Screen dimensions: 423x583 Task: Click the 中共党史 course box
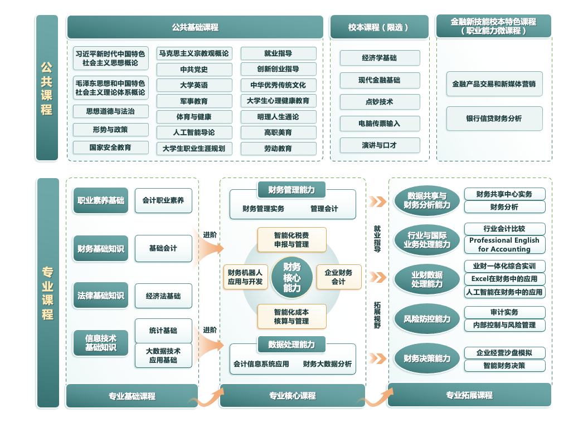coord(194,70)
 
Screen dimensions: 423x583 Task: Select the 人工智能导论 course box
coord(194,132)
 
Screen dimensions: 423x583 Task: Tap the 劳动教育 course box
coord(278,149)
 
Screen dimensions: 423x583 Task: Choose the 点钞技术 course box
coord(380,102)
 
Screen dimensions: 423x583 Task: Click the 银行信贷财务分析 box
coord(494,119)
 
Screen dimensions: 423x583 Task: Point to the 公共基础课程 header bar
coord(195,27)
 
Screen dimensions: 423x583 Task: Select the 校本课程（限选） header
coord(379,27)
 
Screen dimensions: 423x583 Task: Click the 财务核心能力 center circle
coord(291,277)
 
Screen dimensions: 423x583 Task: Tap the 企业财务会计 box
coord(338,277)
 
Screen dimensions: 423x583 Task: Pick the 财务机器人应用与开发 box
coord(245,277)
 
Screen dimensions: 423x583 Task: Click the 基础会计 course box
coord(163,248)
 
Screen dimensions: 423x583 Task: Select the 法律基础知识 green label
coord(101,296)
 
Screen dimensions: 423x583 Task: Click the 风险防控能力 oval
coord(427,319)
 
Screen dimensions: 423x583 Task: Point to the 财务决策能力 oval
coord(427,358)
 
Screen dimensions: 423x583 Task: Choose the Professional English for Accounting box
coord(504,244)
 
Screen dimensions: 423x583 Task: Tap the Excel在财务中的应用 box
coord(504,279)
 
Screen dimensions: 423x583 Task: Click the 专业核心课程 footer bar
coord(293,396)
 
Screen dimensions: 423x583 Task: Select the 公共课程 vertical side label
coord(47,88)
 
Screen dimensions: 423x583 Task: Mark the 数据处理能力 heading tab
coord(291,345)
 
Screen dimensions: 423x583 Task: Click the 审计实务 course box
coord(504,312)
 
